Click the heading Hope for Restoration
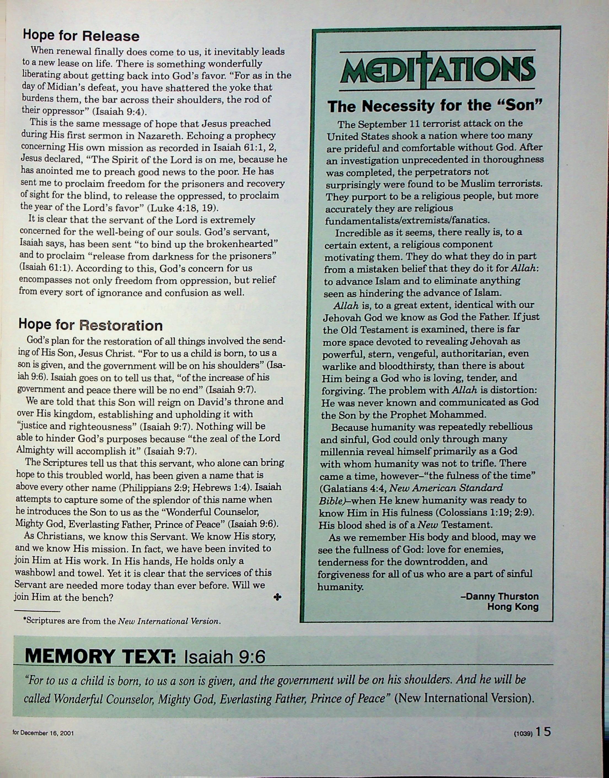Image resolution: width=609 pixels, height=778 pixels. pos(91,325)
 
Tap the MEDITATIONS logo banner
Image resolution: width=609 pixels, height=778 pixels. pos(438,69)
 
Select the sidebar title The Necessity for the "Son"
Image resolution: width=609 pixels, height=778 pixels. pos(435,106)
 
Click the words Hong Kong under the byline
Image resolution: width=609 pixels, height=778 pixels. pos(513,607)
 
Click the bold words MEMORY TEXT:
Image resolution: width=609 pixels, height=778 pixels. pos(100,656)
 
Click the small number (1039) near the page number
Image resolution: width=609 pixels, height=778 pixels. pos(523,734)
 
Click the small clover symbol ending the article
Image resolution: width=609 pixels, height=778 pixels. pos(277,597)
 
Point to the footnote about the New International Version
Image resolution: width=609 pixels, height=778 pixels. pos(122,621)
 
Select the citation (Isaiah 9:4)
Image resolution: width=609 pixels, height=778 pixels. pos(119,112)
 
